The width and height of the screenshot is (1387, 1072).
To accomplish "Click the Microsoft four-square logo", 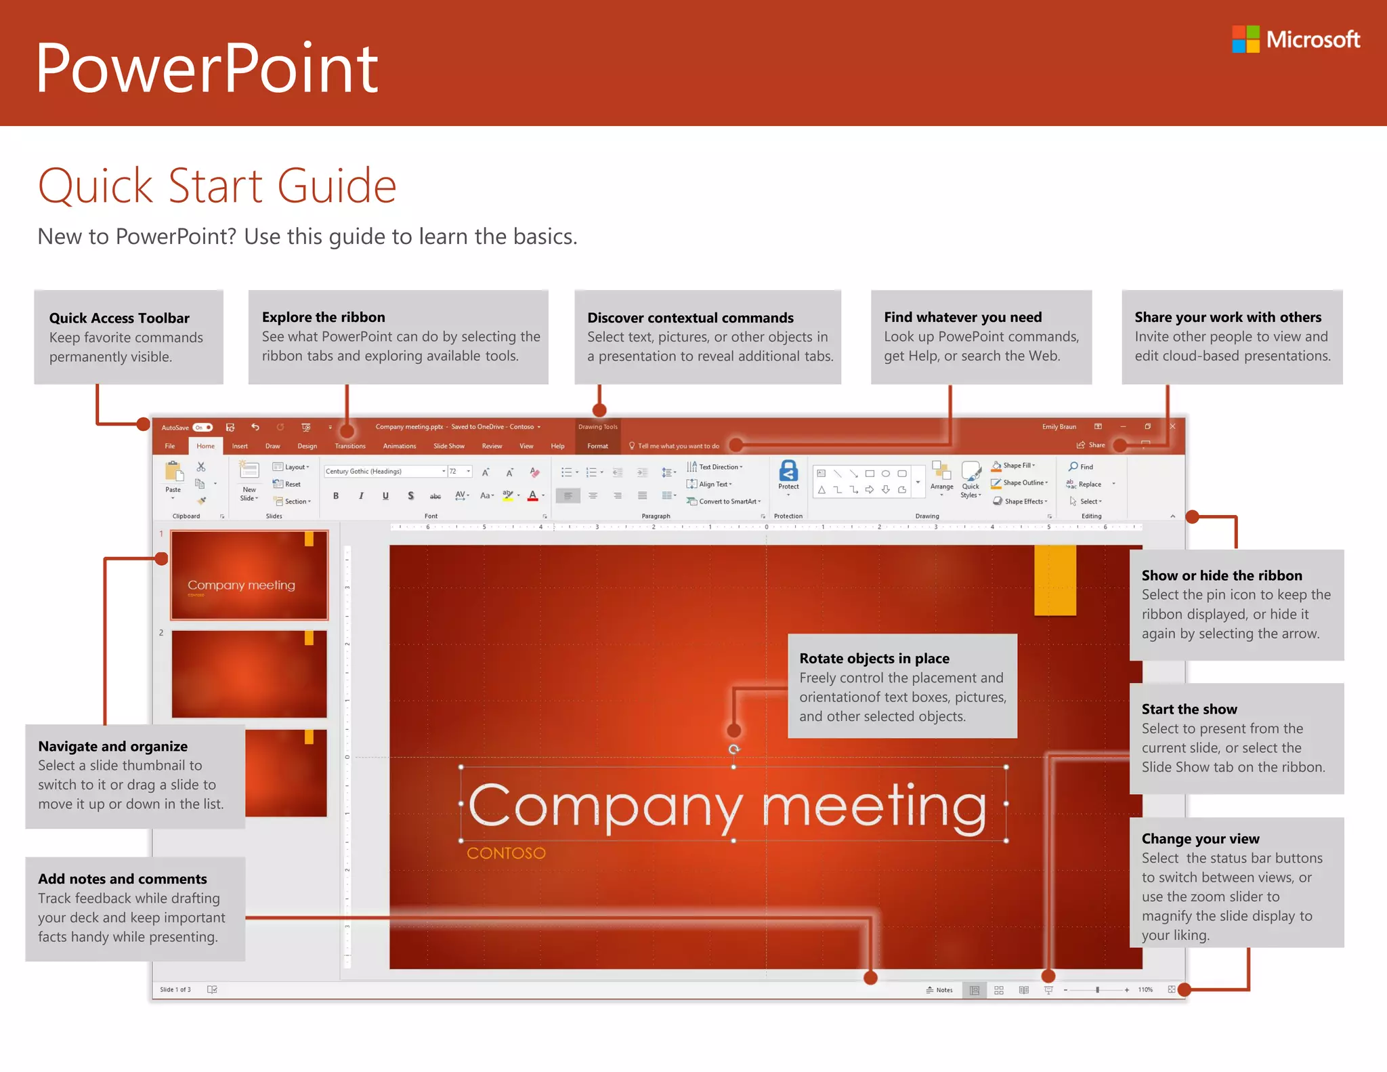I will coord(1245,39).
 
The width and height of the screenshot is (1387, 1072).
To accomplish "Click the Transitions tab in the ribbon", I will coord(349,446).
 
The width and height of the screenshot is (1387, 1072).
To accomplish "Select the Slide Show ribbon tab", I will coord(448,446).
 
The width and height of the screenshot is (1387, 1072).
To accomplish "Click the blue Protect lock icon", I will coord(788,472).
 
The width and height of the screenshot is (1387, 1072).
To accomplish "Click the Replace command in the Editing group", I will coord(1088,485).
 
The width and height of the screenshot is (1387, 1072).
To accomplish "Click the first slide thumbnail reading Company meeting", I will coord(249,575).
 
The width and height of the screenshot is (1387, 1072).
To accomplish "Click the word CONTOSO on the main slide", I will coord(506,853).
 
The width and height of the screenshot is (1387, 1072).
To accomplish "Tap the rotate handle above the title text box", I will coord(733,749).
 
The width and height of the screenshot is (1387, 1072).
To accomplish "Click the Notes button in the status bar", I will coord(939,990).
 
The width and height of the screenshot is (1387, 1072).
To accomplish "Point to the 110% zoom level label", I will coord(1145,990).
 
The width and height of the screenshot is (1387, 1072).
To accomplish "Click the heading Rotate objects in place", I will coord(874,659).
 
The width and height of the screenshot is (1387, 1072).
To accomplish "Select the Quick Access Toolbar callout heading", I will coord(119,318).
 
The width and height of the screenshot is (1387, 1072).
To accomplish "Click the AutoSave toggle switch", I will coord(202,428).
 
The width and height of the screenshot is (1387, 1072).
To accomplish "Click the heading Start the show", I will coord(1189,709).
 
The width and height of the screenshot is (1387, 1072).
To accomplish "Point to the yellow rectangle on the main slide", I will coord(1054,580).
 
